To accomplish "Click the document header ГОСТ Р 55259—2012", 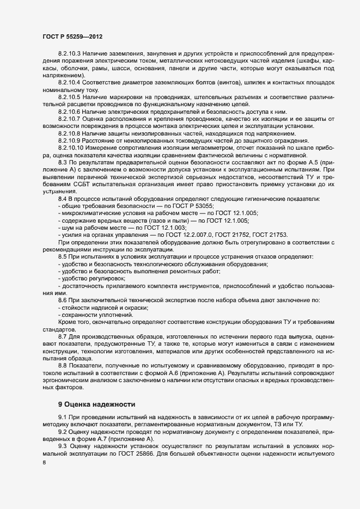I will pyautogui.click(x=72, y=36).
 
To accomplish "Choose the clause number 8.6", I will pyautogui.click(x=62, y=301).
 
